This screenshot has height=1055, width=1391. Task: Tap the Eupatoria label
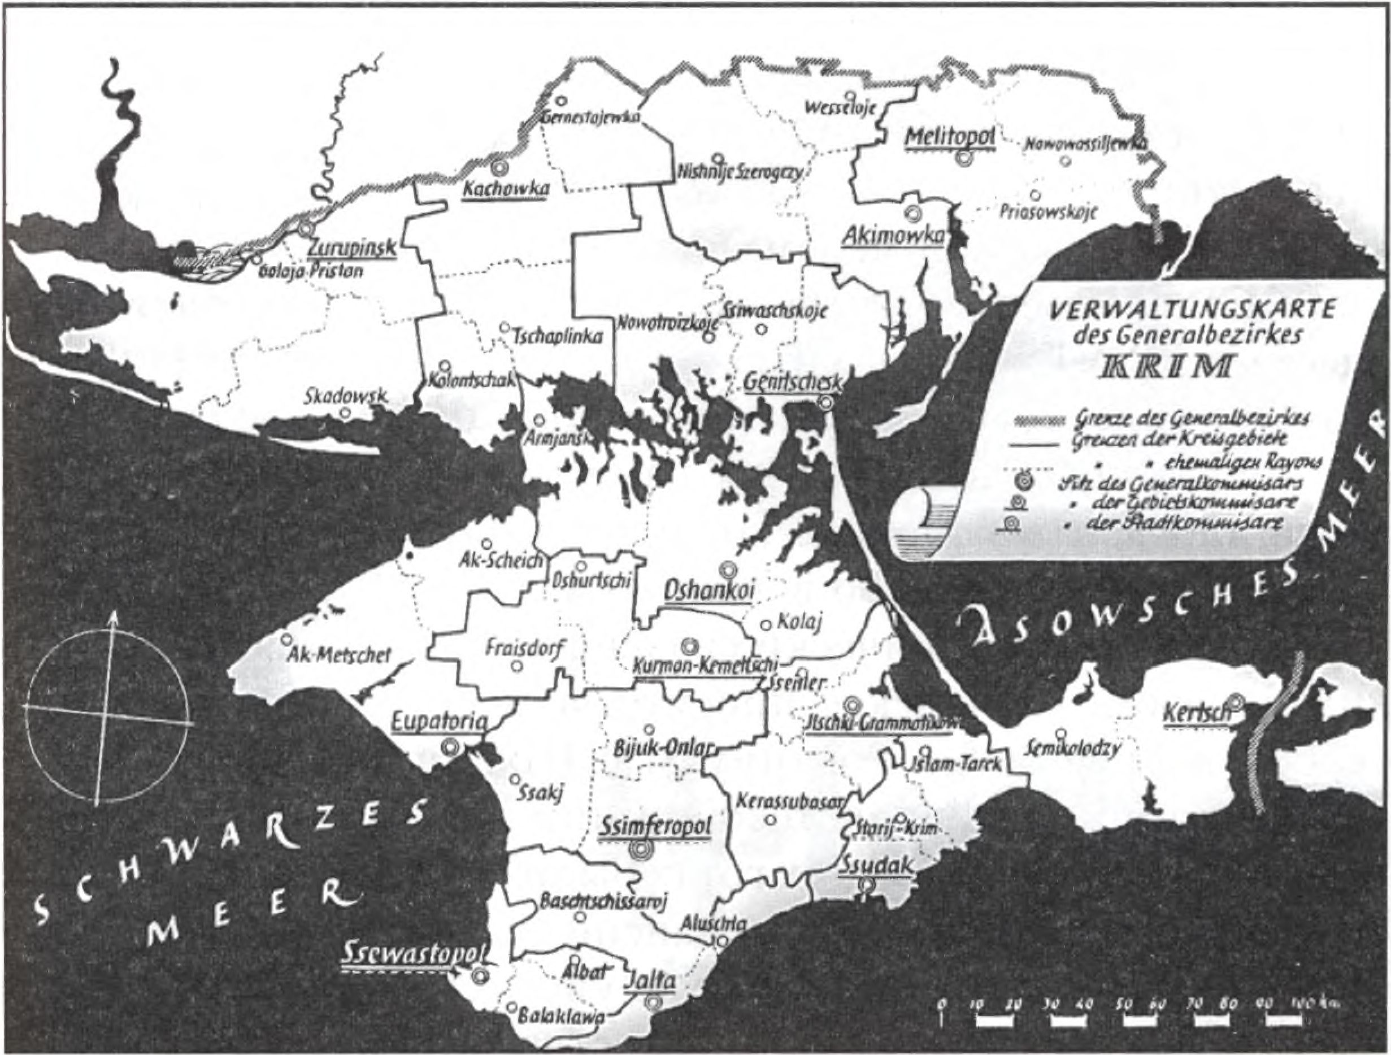tap(439, 722)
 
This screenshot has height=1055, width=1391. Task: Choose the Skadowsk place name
tap(346, 398)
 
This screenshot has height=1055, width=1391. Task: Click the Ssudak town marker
tap(868, 901)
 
